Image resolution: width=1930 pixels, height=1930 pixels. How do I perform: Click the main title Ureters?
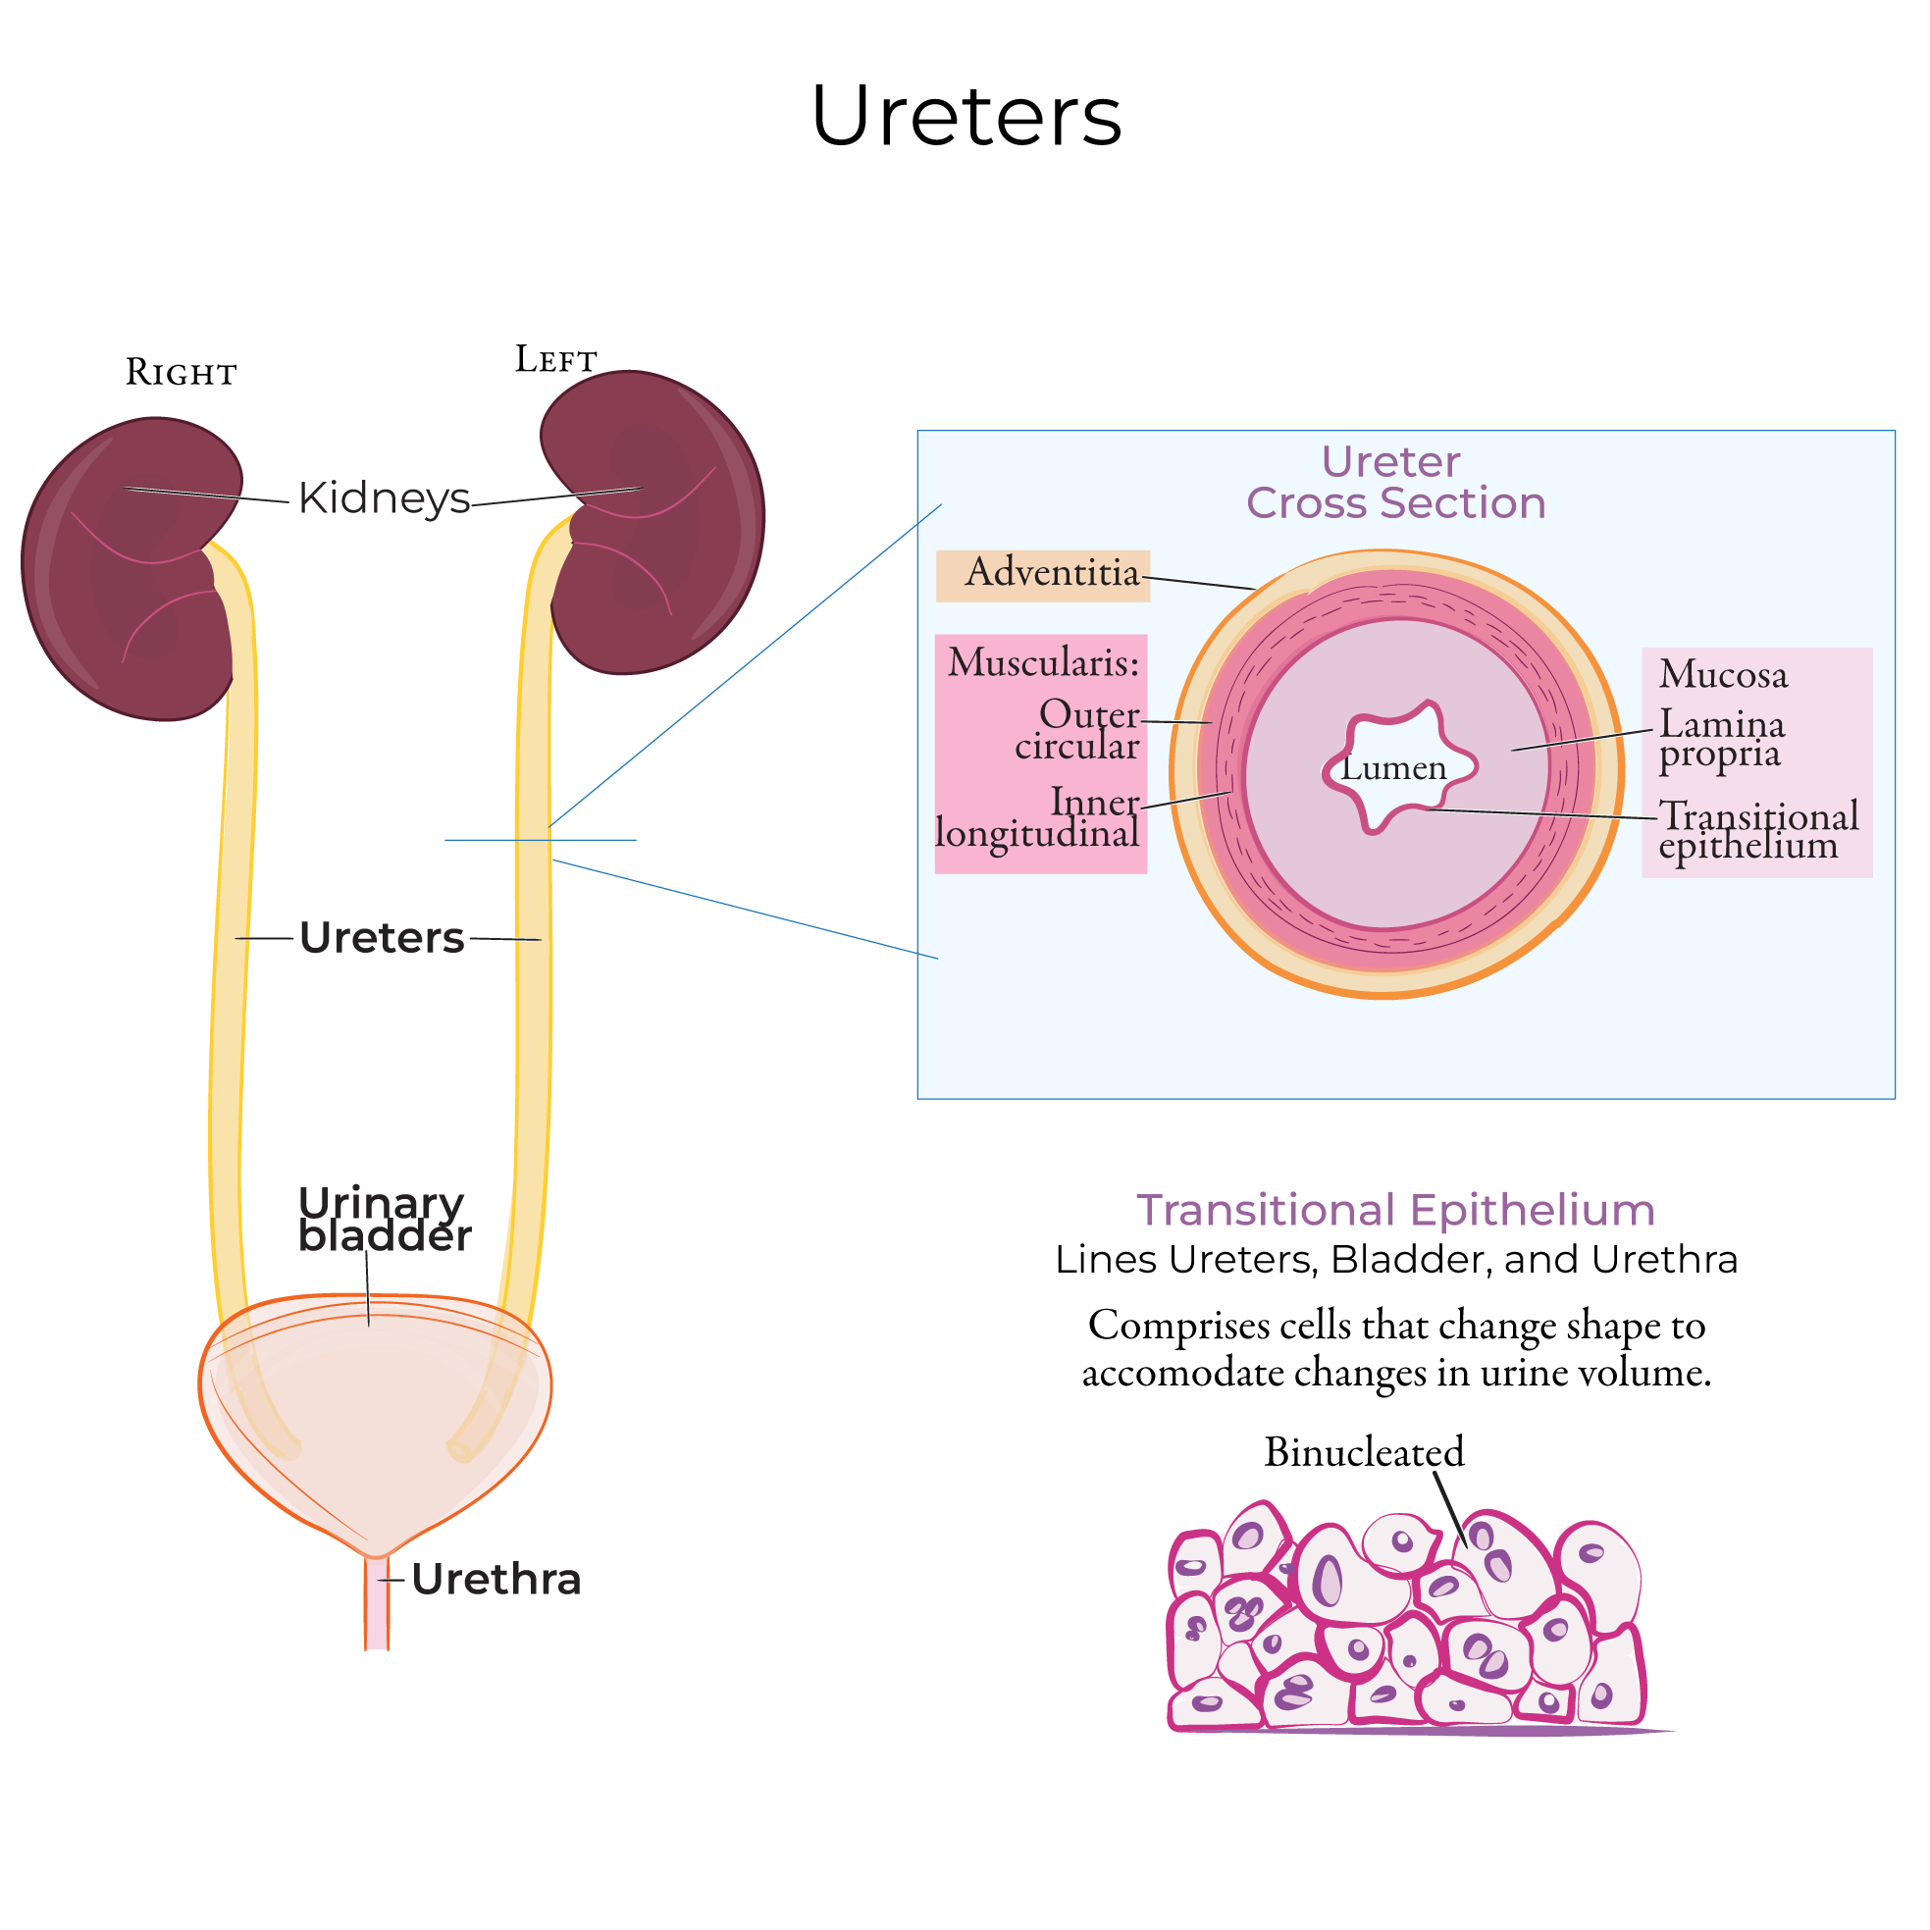pos(966,117)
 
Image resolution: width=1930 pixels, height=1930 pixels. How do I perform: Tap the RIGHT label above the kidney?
pos(181,373)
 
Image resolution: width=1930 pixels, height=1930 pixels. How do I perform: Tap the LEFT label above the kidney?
pos(555,360)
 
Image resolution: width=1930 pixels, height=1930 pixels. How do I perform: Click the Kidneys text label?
pos(384,497)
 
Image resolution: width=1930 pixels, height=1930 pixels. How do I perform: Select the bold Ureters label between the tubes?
pos(382,938)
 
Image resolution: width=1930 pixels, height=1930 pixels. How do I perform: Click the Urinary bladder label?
pos(384,1219)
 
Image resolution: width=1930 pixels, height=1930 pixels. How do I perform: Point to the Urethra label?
pos(496,1580)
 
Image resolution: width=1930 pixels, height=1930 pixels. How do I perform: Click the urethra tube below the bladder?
pos(377,1608)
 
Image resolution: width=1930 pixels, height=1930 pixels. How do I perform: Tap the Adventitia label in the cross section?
pos(1052,572)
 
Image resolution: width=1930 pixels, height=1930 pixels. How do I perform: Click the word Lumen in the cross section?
pos(1392,768)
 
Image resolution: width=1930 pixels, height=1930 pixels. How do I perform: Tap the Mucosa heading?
pos(1723,674)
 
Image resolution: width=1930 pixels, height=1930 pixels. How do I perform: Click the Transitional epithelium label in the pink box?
pos(1756,829)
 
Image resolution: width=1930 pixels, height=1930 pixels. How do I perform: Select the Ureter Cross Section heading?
pos(1394,483)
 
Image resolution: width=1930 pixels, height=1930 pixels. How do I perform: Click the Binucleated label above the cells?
pos(1364,1451)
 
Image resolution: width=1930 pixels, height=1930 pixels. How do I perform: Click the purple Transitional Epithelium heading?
pos(1395,1210)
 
